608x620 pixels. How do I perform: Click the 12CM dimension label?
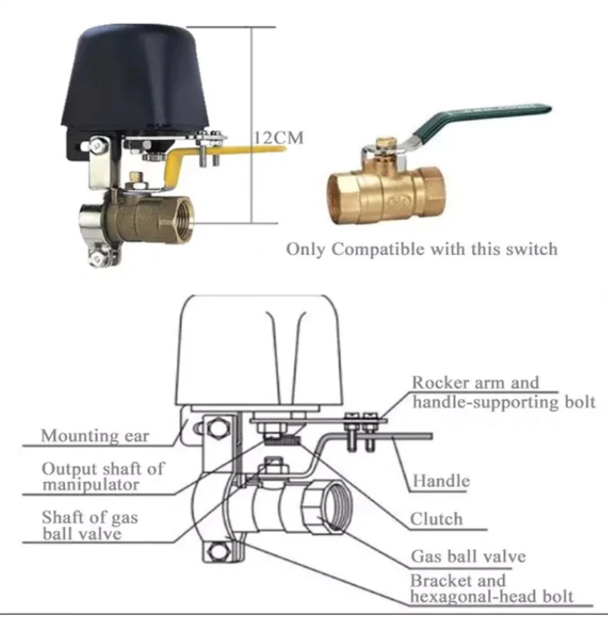278,137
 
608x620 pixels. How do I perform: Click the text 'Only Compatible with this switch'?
421,249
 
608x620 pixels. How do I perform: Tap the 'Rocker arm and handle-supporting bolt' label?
503,392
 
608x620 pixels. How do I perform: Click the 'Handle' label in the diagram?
441,481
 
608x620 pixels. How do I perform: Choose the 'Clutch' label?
436,519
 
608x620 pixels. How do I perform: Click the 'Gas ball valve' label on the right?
468,556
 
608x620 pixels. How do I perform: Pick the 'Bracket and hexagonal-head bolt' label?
491,588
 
